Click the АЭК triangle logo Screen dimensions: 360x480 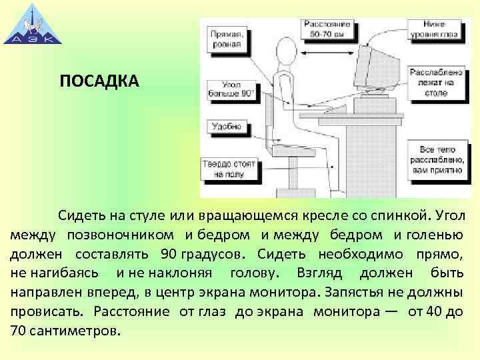coord(29,26)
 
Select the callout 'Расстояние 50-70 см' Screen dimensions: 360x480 coord(326,28)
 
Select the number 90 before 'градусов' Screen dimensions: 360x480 coord(169,254)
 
